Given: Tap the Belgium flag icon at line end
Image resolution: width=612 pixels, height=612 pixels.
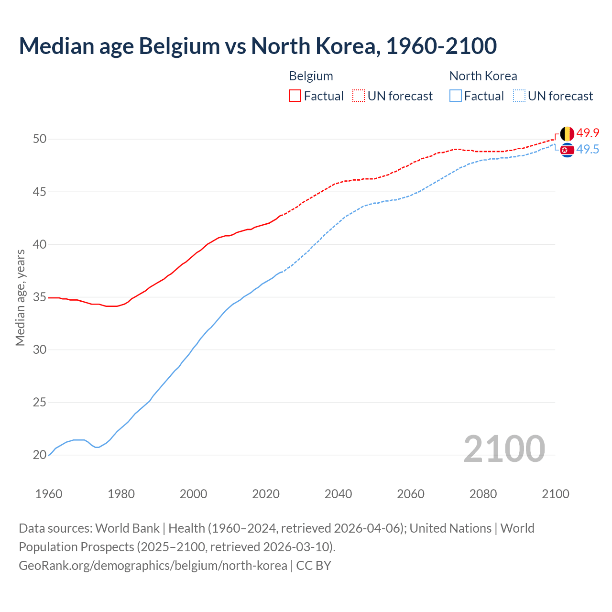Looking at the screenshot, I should coord(567,133).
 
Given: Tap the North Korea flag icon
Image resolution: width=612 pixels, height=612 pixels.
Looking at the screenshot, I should coord(567,150).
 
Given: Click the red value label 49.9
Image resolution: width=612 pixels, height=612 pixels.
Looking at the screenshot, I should coord(588,133).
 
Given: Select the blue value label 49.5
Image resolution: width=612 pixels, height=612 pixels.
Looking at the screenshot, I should coord(588,150).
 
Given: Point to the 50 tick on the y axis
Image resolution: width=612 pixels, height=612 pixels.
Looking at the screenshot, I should coord(39,139).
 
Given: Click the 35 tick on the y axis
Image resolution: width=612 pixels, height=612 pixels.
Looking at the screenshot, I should coord(39,297).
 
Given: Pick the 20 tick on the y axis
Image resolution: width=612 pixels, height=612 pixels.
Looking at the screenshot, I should coord(39,455).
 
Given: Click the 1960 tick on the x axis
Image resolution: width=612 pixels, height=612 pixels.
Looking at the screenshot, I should coord(49,494).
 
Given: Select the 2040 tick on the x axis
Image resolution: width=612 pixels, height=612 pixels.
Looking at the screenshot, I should coord(338,494).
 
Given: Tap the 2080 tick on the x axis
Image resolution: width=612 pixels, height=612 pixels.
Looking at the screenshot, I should coord(483,494).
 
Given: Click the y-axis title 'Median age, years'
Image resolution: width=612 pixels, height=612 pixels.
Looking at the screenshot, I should coord(20,297).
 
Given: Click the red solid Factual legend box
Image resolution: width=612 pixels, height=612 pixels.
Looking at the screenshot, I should coord(295,96).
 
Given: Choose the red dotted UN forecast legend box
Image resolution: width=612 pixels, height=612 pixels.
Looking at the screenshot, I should coord(359,96).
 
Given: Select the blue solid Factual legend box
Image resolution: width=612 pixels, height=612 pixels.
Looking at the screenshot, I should coord(456,96).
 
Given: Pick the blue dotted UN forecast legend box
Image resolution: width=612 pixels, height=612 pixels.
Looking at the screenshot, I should coord(519,96).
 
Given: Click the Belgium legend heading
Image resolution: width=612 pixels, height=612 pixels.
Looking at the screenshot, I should coord(311,76).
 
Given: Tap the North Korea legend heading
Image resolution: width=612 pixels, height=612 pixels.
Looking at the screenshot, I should coord(483,76).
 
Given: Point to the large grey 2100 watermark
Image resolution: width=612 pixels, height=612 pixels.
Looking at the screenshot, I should coord(504,448).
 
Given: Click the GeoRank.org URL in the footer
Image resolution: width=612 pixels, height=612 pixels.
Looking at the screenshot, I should coord(153,566).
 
